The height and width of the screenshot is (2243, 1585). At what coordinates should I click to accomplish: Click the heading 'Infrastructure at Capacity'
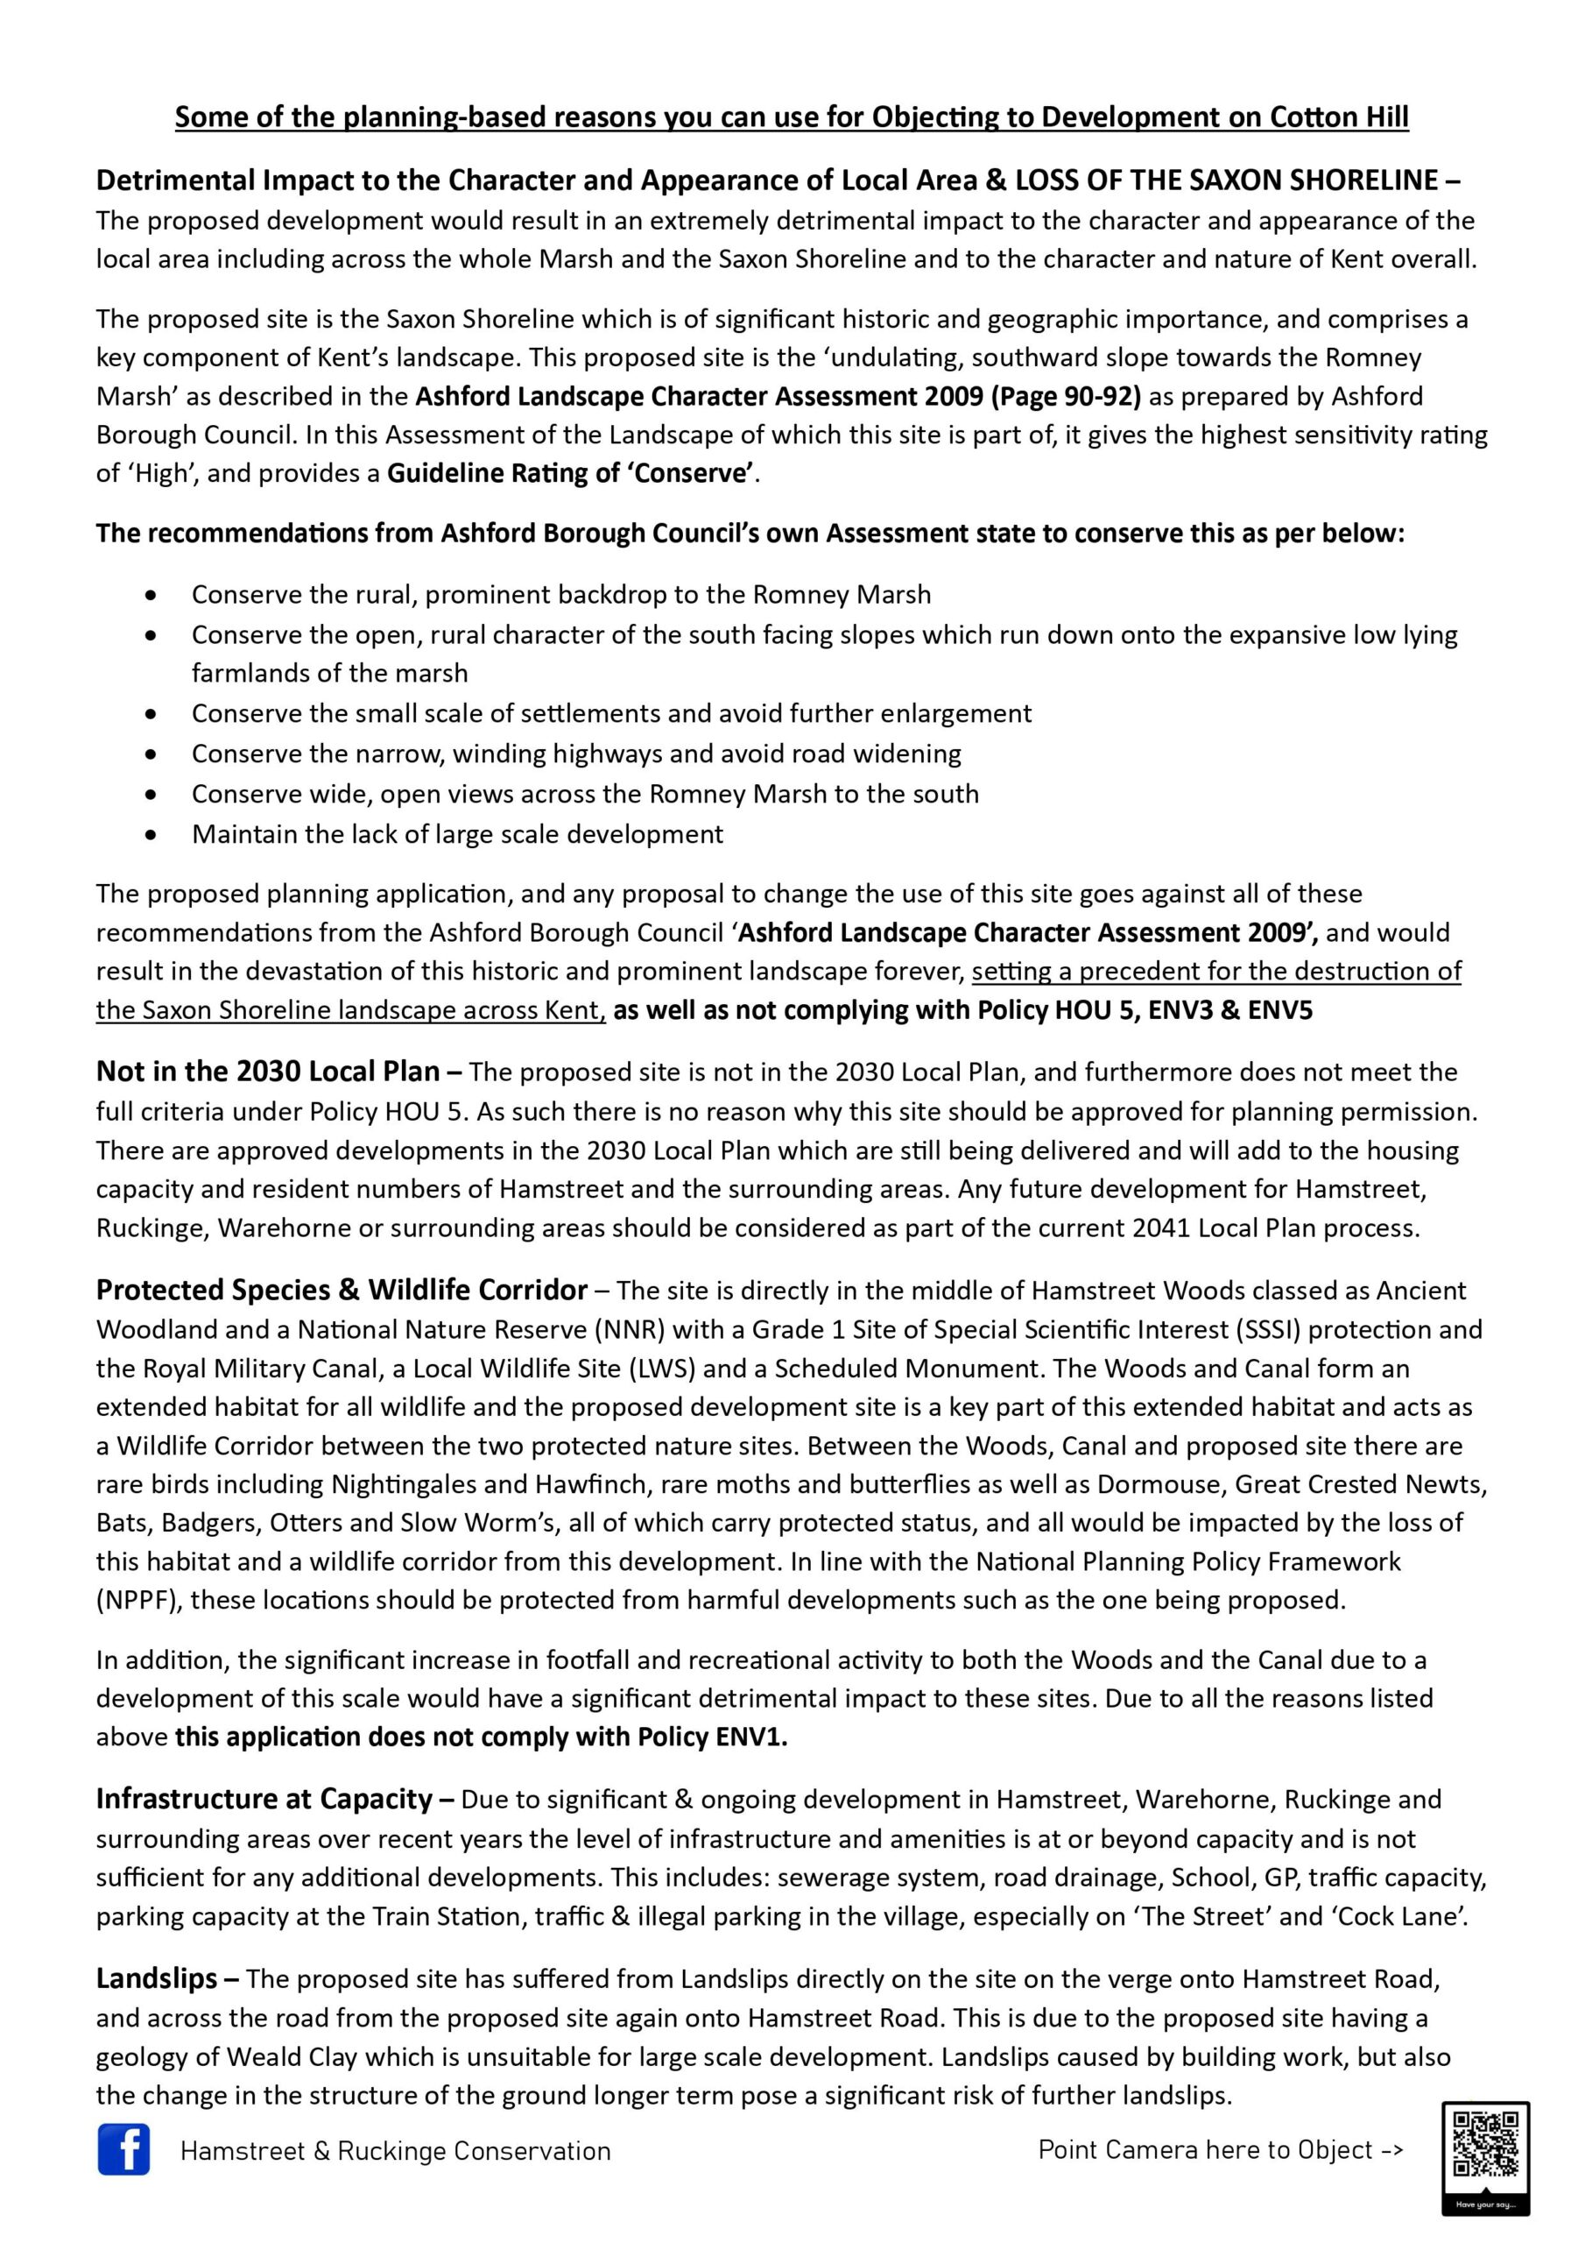pos(264,1799)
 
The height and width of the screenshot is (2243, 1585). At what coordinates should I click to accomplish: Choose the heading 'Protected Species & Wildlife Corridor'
pos(342,1291)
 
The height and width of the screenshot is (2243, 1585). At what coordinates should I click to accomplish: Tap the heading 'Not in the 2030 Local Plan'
pos(268,1072)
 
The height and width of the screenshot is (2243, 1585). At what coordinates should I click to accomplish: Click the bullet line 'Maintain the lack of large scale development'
pos(457,834)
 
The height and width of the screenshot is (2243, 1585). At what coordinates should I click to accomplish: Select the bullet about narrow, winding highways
pos(576,754)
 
